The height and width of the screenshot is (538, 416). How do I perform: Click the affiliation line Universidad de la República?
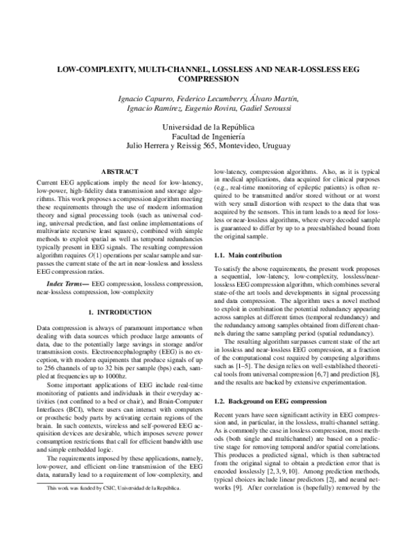pos(208,128)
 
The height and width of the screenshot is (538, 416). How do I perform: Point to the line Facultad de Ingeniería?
pos(208,137)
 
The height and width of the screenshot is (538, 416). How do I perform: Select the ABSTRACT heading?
pos(119,171)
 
